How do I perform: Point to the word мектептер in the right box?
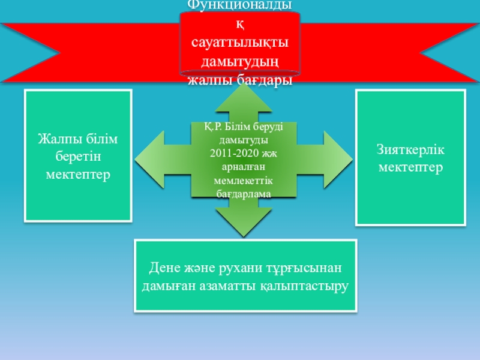(x=411, y=166)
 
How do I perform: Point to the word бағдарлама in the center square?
(x=244, y=194)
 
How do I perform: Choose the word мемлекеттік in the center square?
(x=244, y=181)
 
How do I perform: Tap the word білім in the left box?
(x=103, y=139)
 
